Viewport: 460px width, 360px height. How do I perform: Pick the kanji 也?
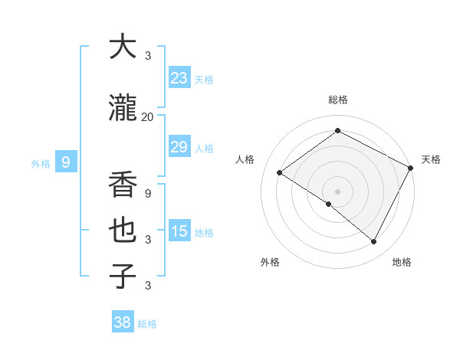coord(123,231)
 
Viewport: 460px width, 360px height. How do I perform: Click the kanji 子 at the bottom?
coord(123,276)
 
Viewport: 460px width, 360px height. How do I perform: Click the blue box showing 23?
coord(179,78)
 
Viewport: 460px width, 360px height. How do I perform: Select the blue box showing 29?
coord(179,148)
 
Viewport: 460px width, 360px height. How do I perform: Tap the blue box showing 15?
coord(179,231)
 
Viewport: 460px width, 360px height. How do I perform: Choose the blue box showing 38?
coord(123,322)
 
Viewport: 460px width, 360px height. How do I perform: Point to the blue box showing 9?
coord(67,162)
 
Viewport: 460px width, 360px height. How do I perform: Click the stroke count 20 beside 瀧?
coord(148,117)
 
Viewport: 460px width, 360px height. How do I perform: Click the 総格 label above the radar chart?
coord(337,100)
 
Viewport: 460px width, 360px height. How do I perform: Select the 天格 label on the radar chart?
coord(431,159)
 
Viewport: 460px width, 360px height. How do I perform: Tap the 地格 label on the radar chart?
coord(402,263)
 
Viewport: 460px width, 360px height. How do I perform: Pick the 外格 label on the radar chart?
coord(270,263)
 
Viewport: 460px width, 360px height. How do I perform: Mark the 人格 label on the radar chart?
coord(245,159)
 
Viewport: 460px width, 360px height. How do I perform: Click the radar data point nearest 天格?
coord(412,168)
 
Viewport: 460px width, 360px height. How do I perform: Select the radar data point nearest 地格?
coord(374,242)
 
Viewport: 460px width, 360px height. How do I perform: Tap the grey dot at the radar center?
coord(337,191)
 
